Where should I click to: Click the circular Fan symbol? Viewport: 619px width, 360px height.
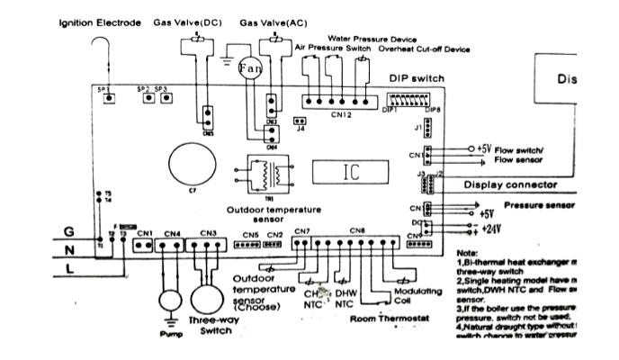click(248, 67)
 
